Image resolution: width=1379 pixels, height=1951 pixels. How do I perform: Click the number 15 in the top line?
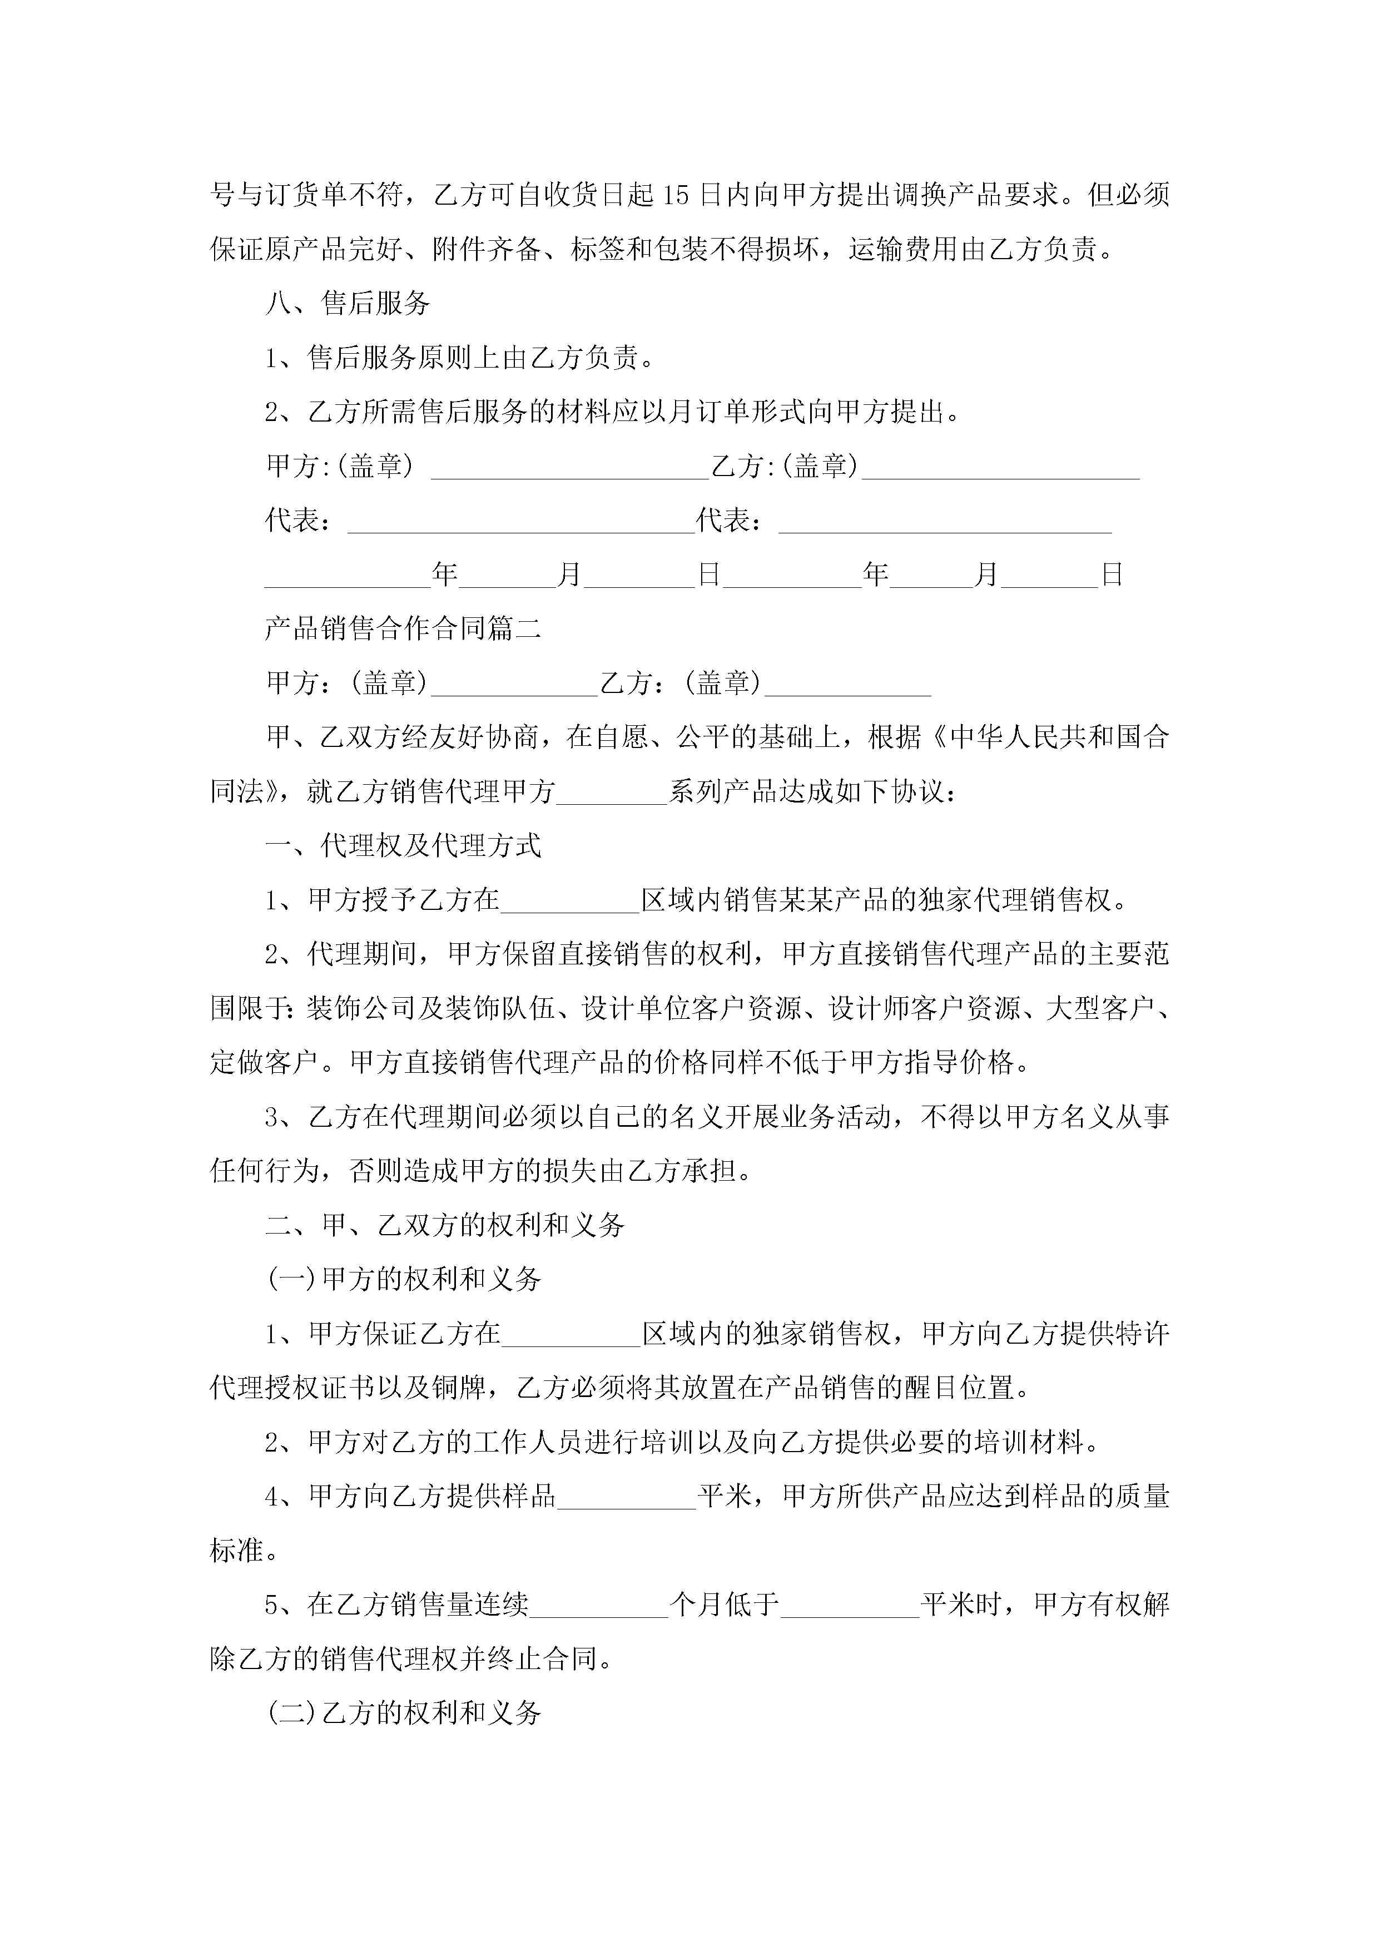click(676, 195)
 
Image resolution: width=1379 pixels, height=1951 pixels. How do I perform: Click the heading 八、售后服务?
click(348, 303)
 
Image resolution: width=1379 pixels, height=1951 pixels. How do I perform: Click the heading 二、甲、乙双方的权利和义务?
click(445, 1225)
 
